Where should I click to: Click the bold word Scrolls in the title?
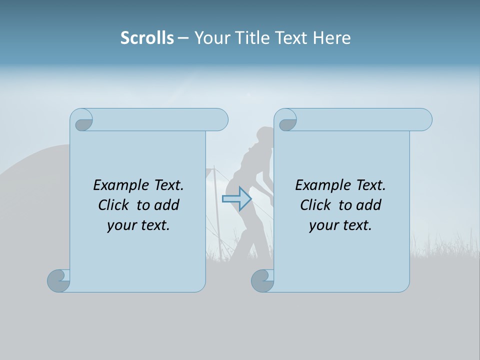click(147, 38)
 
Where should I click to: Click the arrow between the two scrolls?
click(236, 199)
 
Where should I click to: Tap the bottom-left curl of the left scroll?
click(59, 280)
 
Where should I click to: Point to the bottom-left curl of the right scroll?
click(263, 280)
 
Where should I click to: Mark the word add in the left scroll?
click(167, 205)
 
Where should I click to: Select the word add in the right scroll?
click(369, 205)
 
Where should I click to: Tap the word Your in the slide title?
click(210, 38)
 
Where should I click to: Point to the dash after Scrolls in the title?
click(182, 38)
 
